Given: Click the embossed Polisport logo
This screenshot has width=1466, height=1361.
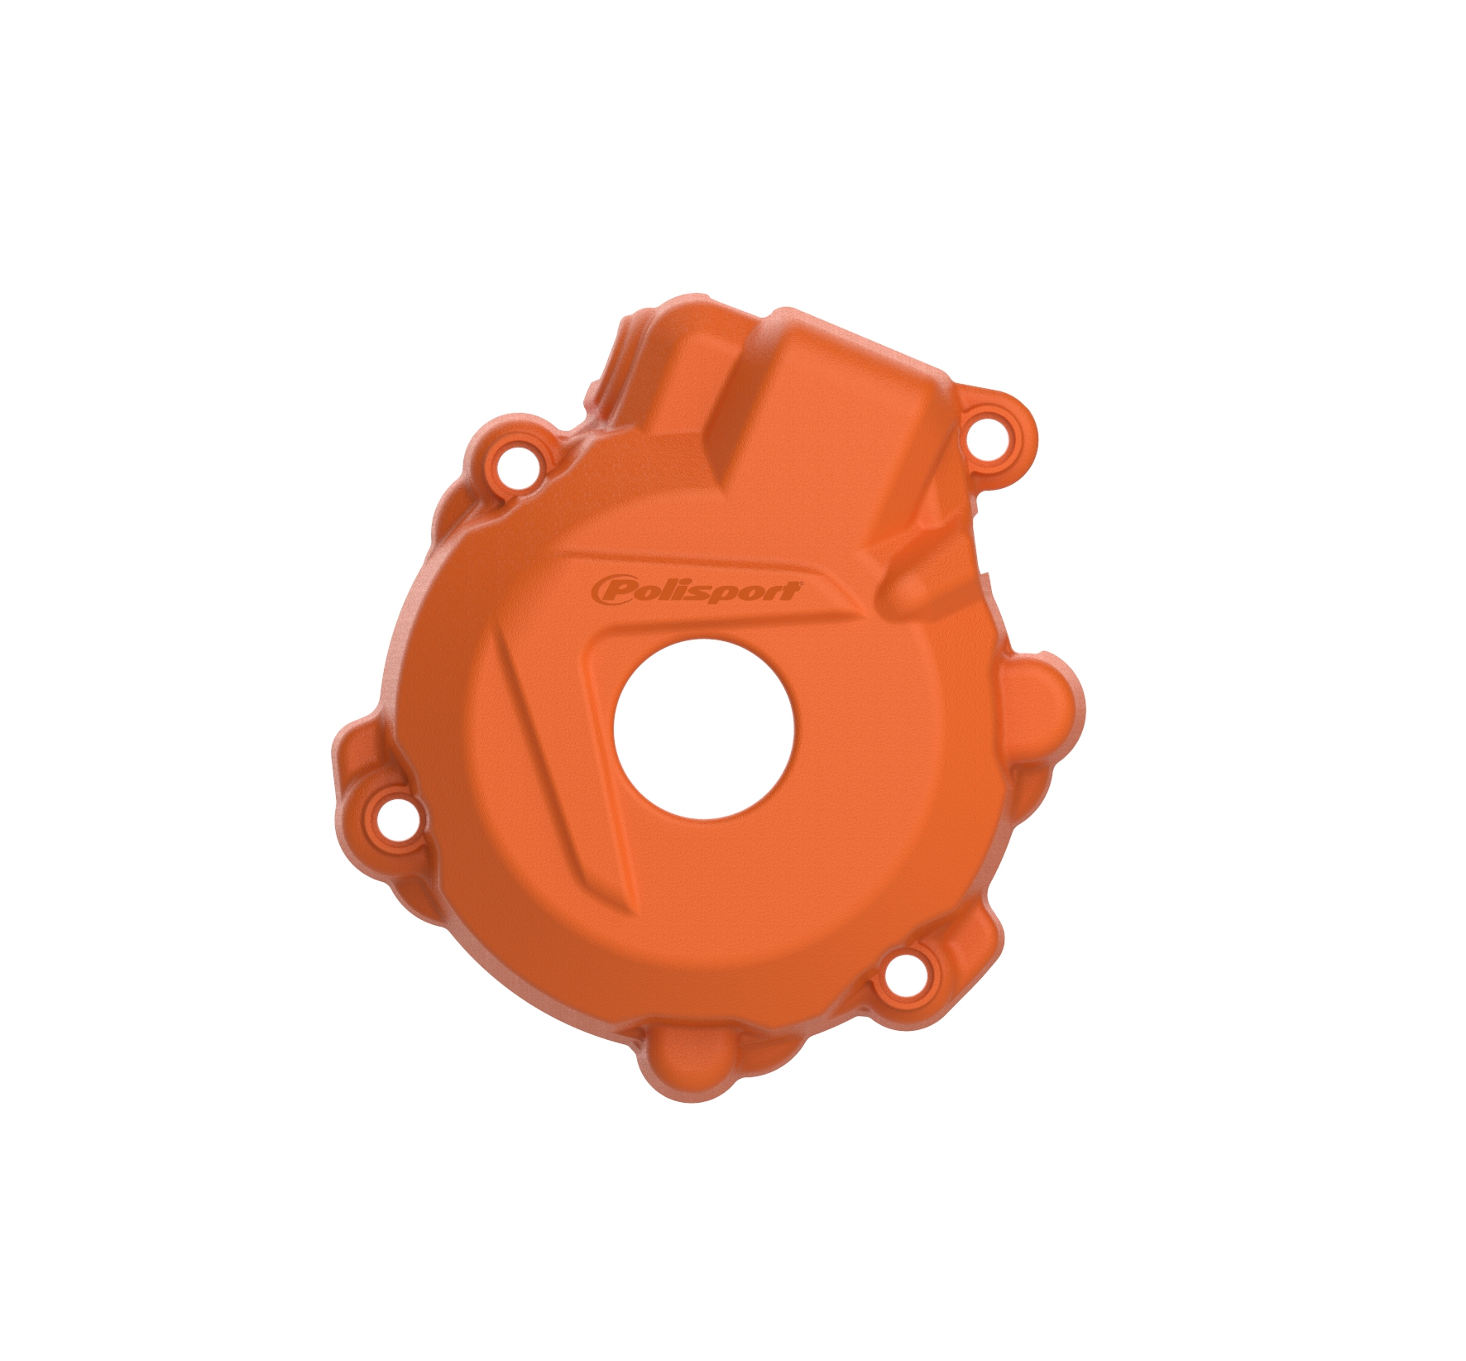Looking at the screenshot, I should click(x=696, y=591).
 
